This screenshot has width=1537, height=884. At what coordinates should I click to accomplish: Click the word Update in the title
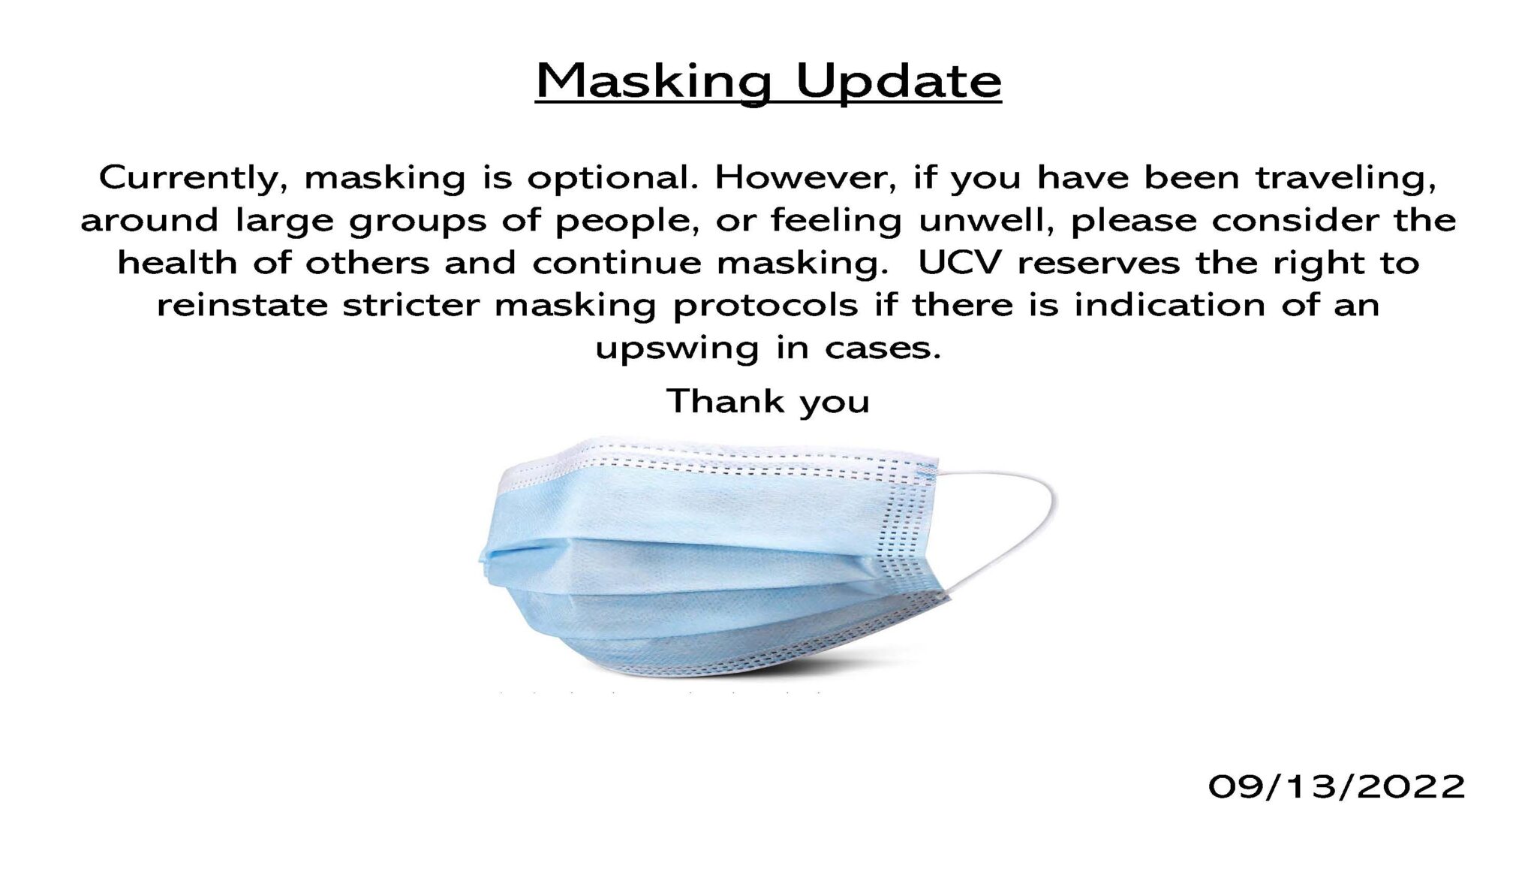pyautogui.click(x=898, y=83)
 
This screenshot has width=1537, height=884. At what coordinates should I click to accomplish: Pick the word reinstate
pyautogui.click(x=242, y=305)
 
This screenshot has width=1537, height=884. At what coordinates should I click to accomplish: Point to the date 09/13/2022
pyautogui.click(x=1337, y=787)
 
